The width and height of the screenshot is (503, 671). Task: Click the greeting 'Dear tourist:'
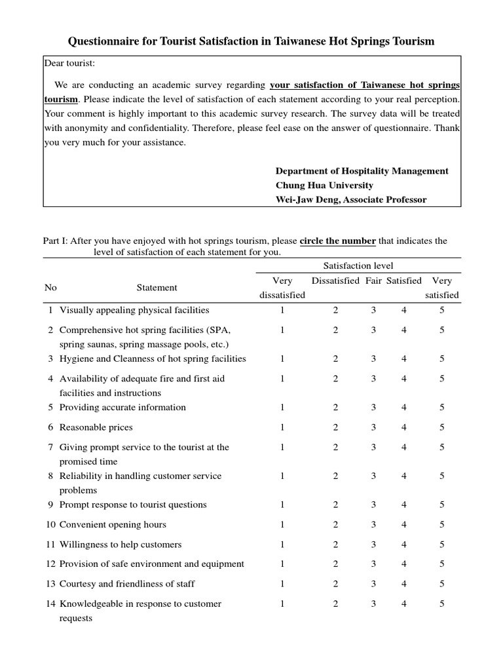click(x=70, y=64)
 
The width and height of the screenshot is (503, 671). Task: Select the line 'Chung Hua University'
click(x=324, y=185)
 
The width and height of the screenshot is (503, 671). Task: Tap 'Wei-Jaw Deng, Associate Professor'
click(x=350, y=200)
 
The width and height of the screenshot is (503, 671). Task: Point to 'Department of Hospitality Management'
click(x=362, y=171)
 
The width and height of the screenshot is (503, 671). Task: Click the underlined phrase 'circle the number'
click(x=337, y=241)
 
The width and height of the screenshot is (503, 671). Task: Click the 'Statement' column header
click(x=157, y=288)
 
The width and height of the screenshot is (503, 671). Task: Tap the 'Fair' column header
click(x=373, y=280)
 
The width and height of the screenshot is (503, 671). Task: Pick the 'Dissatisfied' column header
click(x=335, y=280)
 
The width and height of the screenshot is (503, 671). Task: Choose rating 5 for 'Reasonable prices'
click(x=442, y=427)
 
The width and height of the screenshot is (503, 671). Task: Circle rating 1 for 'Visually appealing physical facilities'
click(x=282, y=311)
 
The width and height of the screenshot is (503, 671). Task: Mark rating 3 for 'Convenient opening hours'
click(x=373, y=525)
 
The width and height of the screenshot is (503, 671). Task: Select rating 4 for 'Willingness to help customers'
click(x=404, y=545)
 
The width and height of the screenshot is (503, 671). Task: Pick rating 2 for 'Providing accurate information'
click(x=335, y=408)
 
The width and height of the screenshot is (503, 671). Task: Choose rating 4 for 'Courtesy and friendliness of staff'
click(x=404, y=584)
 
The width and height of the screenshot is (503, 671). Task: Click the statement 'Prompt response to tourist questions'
click(x=133, y=505)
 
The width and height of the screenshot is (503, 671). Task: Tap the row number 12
click(x=50, y=564)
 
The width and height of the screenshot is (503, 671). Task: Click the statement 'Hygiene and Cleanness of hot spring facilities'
click(x=153, y=359)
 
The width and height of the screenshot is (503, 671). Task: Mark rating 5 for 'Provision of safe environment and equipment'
click(x=442, y=564)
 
